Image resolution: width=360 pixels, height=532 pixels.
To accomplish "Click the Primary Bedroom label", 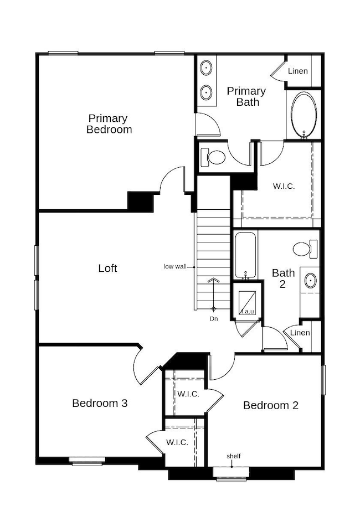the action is click(x=109, y=124).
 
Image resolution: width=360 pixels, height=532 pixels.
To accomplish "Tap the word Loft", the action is click(x=107, y=268).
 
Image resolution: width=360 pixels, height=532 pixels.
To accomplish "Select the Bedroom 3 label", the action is click(x=100, y=403).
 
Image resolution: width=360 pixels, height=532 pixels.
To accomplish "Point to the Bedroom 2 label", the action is click(x=271, y=405).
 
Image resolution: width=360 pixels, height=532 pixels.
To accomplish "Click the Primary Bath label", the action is click(x=246, y=96).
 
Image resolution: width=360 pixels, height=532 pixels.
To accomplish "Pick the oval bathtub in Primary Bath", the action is click(x=305, y=115).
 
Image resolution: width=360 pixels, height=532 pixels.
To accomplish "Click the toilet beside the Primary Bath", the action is click(x=213, y=157).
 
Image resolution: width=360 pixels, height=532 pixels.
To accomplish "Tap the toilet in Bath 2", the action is click(x=305, y=249).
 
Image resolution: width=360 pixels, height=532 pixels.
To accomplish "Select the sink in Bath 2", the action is click(x=311, y=281).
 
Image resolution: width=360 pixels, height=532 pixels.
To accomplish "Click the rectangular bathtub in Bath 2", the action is click(x=245, y=255).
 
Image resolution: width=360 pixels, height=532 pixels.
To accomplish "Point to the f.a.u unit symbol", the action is click(x=248, y=303).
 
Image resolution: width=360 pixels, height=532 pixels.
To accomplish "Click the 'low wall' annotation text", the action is click(x=175, y=267).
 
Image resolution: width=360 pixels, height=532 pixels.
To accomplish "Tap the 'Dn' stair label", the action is click(x=213, y=319).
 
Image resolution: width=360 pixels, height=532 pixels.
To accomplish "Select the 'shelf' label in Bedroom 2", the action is click(x=234, y=456).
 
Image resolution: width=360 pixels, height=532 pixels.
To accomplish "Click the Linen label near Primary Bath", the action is click(x=298, y=71).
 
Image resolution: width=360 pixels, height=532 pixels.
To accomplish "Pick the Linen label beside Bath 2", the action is click(x=300, y=333).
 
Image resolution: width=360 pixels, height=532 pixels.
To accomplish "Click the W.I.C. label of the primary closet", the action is click(x=284, y=186).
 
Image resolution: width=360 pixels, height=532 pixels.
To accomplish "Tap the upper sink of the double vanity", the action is click(x=206, y=68).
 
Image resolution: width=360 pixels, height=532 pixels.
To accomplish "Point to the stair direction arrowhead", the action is click(x=213, y=280).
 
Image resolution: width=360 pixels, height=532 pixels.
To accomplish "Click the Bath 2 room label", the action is click(x=284, y=278).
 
